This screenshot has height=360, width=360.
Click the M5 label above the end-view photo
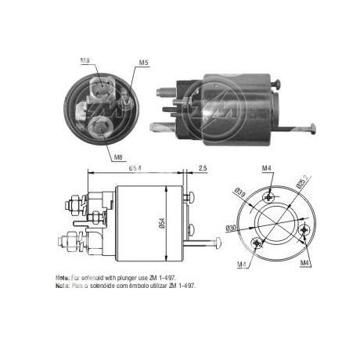143,63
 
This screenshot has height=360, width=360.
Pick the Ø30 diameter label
232,228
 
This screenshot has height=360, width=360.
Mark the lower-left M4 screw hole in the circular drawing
255,242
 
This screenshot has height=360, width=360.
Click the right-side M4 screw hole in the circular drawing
305,229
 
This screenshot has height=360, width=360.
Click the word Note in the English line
62,278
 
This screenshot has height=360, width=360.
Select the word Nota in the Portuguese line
62,286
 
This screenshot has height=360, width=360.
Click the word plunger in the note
126,278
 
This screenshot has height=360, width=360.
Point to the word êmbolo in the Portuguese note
139,286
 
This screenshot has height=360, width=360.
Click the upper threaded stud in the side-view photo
175,95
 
